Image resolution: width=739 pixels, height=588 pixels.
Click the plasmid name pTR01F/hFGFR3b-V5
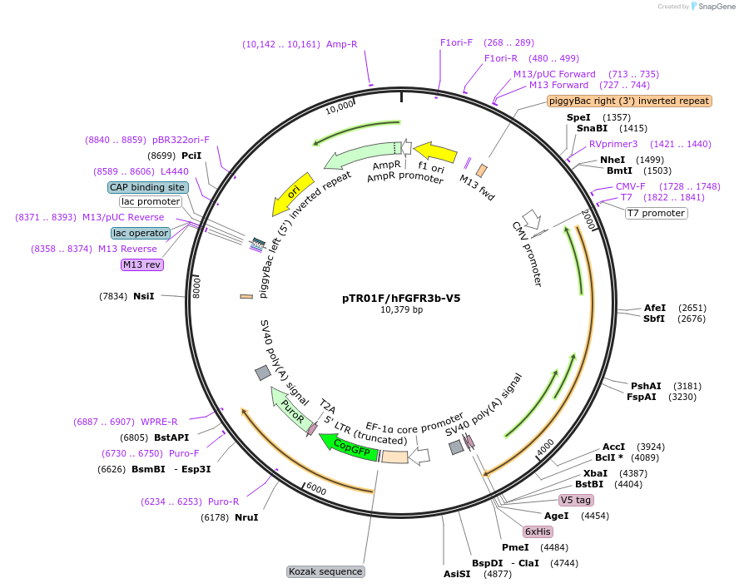click(401, 297)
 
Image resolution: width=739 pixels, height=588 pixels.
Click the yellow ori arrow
click(292, 194)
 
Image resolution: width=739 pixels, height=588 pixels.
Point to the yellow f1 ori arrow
click(435, 152)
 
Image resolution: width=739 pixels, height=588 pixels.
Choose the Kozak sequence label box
click(325, 571)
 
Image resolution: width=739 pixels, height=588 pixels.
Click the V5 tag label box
click(576, 500)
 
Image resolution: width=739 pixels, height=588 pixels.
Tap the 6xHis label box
click(538, 531)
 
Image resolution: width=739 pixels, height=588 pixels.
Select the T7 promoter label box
click(656, 213)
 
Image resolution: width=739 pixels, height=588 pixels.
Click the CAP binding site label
click(147, 187)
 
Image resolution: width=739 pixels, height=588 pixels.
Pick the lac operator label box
click(141, 233)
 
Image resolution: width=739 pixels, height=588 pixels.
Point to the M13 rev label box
click(141, 264)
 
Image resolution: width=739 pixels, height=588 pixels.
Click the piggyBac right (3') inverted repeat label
click(629, 101)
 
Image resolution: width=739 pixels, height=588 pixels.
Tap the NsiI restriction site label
click(143, 295)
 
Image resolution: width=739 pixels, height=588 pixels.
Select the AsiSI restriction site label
click(457, 573)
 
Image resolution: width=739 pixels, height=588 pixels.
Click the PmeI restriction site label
click(515, 547)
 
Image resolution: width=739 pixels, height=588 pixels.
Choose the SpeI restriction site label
click(578, 117)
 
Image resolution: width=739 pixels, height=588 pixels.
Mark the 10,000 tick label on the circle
click(340, 108)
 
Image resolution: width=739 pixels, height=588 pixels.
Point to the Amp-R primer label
click(341, 44)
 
